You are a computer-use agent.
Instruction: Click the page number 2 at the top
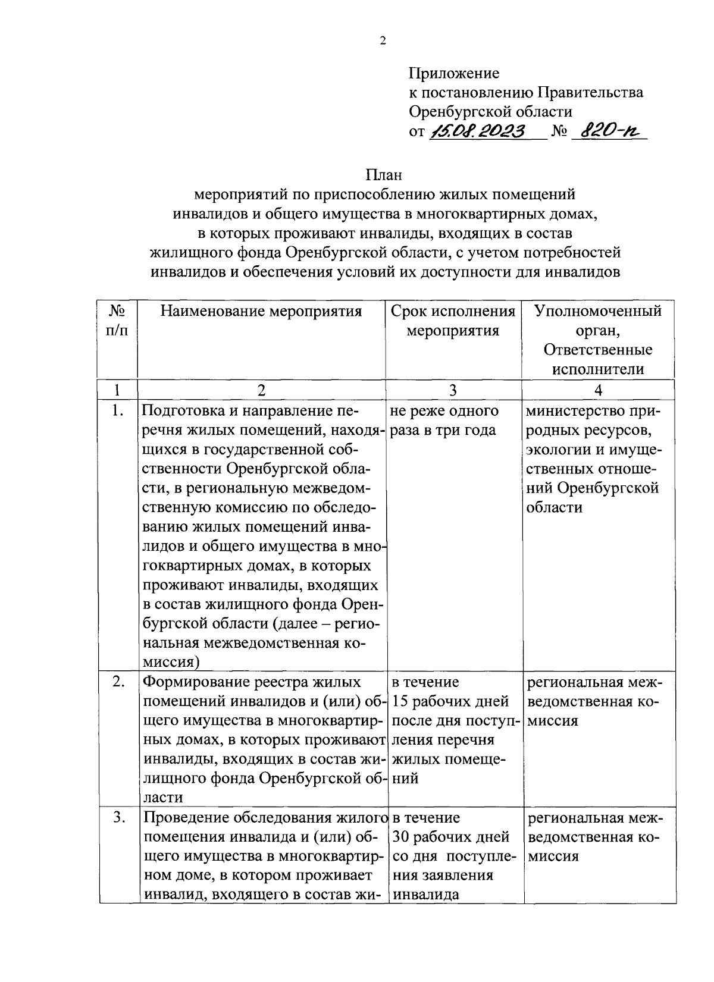[383, 42]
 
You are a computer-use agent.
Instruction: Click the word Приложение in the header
[454, 74]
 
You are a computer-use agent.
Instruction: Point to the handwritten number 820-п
[607, 131]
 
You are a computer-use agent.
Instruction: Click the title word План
[384, 175]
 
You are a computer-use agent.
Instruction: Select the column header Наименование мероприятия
[262, 311]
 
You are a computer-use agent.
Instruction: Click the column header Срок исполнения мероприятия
[453, 321]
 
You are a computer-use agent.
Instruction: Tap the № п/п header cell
[117, 321]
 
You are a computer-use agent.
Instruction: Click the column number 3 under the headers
[453, 390]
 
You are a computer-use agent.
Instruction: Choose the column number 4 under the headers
[598, 390]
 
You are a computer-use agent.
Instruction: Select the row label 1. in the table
[118, 411]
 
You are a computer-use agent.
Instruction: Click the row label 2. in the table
[118, 682]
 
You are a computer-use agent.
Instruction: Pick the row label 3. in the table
[118, 818]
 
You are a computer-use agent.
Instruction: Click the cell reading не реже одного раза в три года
[445, 421]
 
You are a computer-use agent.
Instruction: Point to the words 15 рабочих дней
[451, 701]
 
